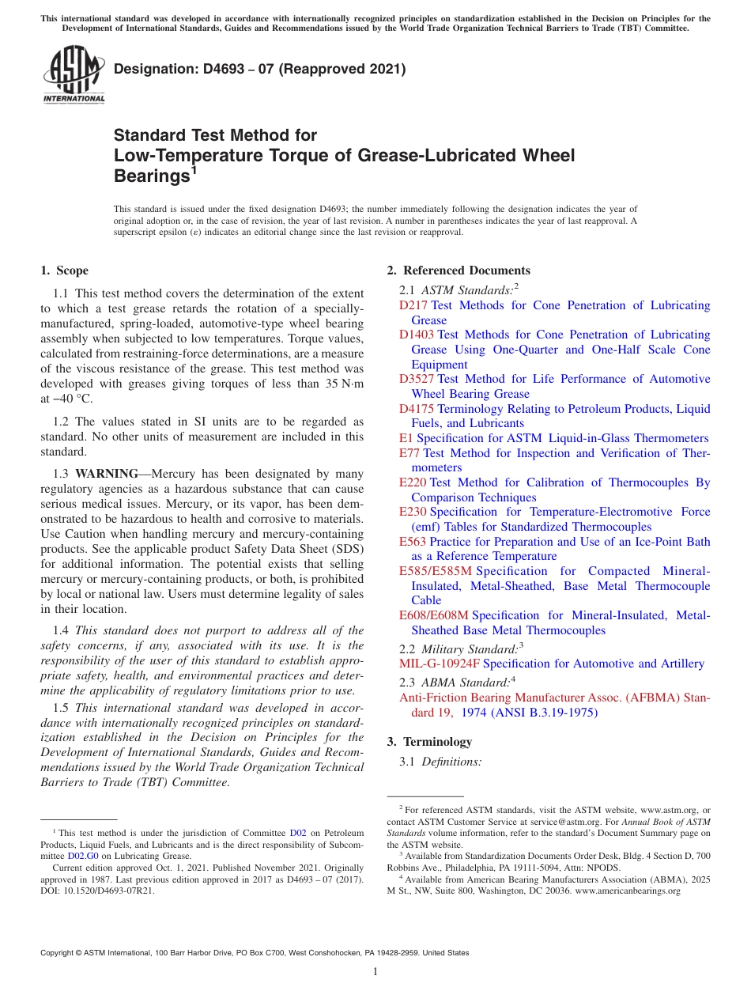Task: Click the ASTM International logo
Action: [74, 74]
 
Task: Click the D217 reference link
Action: [413, 305]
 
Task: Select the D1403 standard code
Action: [417, 335]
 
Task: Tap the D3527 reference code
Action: [417, 379]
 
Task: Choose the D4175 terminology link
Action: [417, 409]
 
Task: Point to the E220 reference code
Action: [413, 482]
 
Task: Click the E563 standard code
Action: [413, 542]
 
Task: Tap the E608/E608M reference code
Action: [434, 615]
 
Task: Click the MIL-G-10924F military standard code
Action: [440, 664]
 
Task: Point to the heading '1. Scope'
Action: [65, 270]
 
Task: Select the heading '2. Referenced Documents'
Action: [459, 270]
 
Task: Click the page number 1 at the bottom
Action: [375, 971]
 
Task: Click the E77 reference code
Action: [409, 453]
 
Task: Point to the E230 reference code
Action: [413, 512]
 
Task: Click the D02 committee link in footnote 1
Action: [298, 833]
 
